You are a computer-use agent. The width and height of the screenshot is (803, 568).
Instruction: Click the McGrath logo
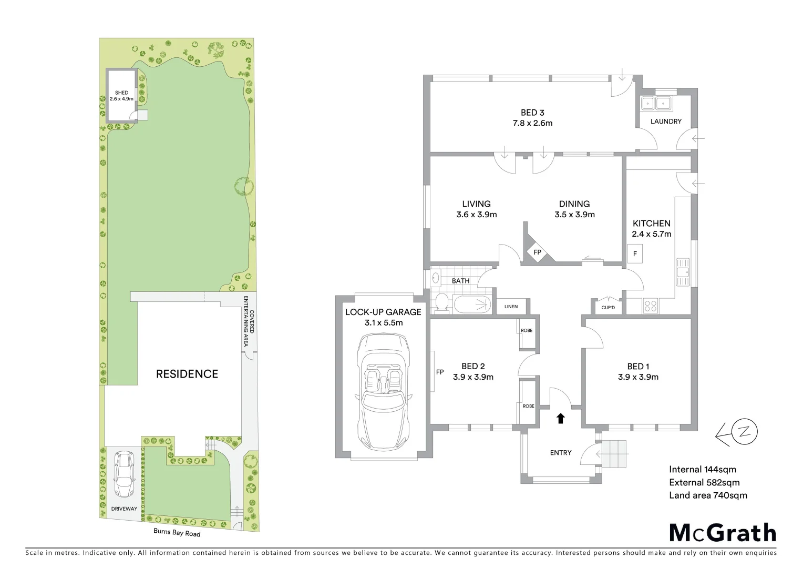722,532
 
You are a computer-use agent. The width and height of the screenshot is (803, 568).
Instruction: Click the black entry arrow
560,418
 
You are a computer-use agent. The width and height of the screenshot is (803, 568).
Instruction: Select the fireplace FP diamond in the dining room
537,252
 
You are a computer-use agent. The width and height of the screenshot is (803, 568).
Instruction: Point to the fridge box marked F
635,254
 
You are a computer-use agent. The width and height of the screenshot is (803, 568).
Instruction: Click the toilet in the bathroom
441,303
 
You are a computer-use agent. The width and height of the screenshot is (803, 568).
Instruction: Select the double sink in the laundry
655,103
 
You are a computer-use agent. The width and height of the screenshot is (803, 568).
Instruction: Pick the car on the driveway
124,474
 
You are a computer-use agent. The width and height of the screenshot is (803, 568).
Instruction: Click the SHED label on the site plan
121,93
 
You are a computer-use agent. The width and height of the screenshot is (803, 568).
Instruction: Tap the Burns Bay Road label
177,533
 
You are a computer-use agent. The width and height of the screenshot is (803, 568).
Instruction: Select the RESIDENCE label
187,374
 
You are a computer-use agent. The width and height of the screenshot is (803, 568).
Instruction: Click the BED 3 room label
532,113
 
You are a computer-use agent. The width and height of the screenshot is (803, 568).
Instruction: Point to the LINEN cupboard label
511,307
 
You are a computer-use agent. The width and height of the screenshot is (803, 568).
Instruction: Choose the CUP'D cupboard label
608,307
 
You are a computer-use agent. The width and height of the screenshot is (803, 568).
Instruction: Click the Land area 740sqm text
707,495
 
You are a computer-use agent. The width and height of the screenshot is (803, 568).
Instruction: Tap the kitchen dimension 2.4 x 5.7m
651,234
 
